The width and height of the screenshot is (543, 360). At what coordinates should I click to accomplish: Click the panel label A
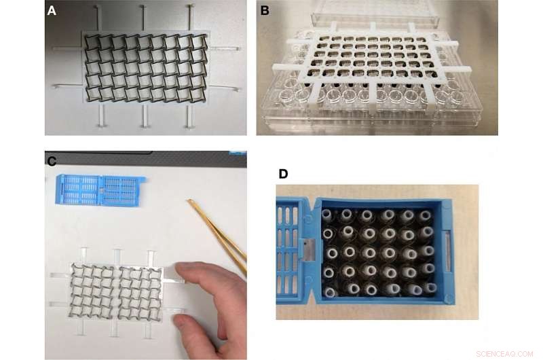click(x=52, y=10)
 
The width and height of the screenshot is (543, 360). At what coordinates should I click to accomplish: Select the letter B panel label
click(x=265, y=10)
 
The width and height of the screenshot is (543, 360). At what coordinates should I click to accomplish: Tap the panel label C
click(x=52, y=160)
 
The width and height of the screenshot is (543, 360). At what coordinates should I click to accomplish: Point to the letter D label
click(x=283, y=174)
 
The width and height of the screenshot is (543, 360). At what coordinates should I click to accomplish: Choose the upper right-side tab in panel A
click(x=224, y=49)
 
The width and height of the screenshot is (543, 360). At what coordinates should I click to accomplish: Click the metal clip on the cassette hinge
click(x=307, y=249)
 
